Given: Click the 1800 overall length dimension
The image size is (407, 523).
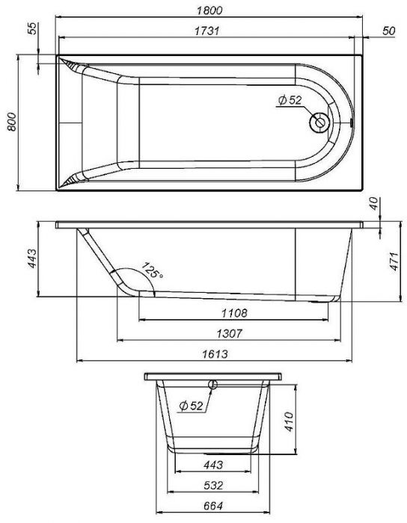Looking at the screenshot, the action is [209, 10].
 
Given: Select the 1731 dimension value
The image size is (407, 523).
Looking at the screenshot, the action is [207, 31].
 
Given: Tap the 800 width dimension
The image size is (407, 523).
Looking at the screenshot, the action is [12, 122].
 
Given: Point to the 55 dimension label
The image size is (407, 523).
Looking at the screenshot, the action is [32, 28].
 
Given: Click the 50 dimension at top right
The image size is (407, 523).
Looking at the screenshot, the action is [388, 31].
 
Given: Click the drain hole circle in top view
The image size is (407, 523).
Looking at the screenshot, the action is [319, 123].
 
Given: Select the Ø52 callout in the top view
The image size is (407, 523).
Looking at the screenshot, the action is [290, 100].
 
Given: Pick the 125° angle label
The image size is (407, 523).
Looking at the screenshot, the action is [152, 270].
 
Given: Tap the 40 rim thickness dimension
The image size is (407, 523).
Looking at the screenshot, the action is [374, 203].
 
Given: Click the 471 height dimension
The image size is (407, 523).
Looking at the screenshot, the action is [394, 261].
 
